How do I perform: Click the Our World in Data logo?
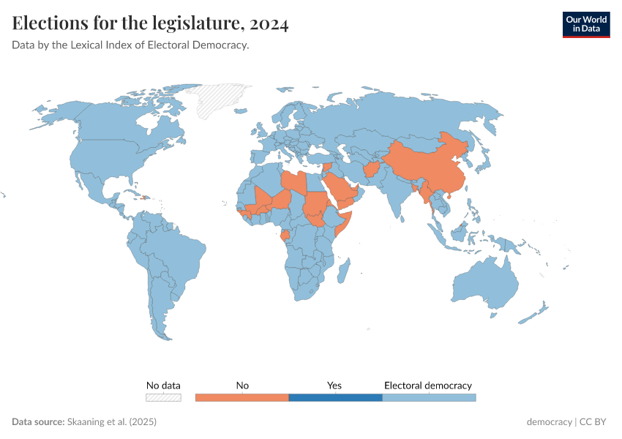(585, 23)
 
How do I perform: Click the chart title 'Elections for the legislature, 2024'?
(150, 23)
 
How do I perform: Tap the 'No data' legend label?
(163, 385)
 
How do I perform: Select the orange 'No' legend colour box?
(242, 397)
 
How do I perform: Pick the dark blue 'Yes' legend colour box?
(335, 397)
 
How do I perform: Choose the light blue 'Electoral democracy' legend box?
(429, 397)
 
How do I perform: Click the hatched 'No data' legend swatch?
(163, 397)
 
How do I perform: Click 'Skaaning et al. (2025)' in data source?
(111, 422)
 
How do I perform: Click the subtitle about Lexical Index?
(130, 45)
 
